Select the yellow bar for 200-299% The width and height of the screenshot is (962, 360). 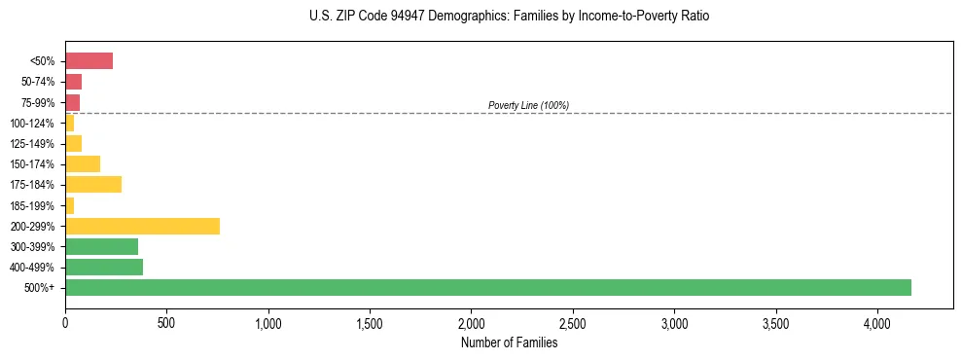142,226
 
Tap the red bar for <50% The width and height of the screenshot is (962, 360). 89,61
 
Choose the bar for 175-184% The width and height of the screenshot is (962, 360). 93,184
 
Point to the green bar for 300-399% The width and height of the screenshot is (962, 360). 101,246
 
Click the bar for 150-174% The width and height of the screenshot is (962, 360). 83,163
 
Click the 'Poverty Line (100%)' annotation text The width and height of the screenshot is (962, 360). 528,105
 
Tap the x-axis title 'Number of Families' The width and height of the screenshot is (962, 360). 509,342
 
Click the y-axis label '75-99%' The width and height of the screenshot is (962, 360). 38,102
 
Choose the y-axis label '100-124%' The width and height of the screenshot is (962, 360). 34,123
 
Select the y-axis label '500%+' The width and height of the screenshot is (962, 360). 41,288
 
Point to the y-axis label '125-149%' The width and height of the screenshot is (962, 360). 34,143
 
